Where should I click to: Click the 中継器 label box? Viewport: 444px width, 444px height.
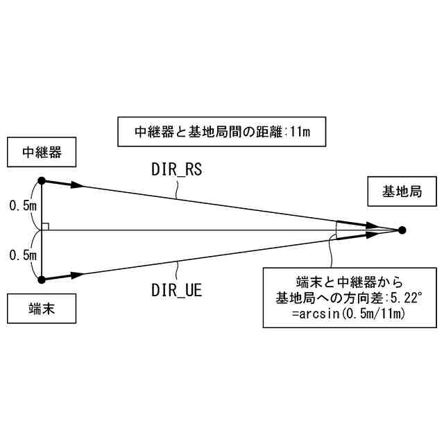pos(41,152)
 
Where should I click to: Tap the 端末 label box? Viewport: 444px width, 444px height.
pos(41,310)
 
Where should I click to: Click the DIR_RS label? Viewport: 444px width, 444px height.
pos(176,169)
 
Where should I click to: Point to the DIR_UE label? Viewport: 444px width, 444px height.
pos(176,291)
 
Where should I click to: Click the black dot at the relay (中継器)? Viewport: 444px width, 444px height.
pos(42,180)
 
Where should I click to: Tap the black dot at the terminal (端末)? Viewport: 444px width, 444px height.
pos(42,280)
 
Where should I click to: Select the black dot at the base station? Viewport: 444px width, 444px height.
pos(402,230)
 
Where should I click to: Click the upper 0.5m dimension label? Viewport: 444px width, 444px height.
pos(23,205)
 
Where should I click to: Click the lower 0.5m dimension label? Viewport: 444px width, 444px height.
pos(23,255)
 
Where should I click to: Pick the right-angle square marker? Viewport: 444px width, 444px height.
pos(45,226)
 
